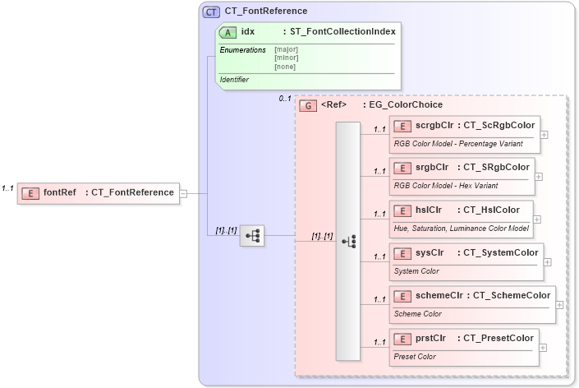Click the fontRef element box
[x=98, y=193]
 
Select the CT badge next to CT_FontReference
[x=212, y=12]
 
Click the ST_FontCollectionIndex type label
[x=342, y=32]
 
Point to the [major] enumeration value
[x=286, y=49]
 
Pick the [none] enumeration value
[x=285, y=66]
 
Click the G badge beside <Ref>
[x=308, y=105]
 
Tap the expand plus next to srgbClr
[x=539, y=175]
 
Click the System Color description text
[x=416, y=270]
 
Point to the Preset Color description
[x=416, y=356]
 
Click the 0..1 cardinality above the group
[x=285, y=99]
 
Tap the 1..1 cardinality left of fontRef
[x=8, y=188]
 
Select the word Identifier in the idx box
[x=234, y=80]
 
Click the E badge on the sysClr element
[x=402, y=253]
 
